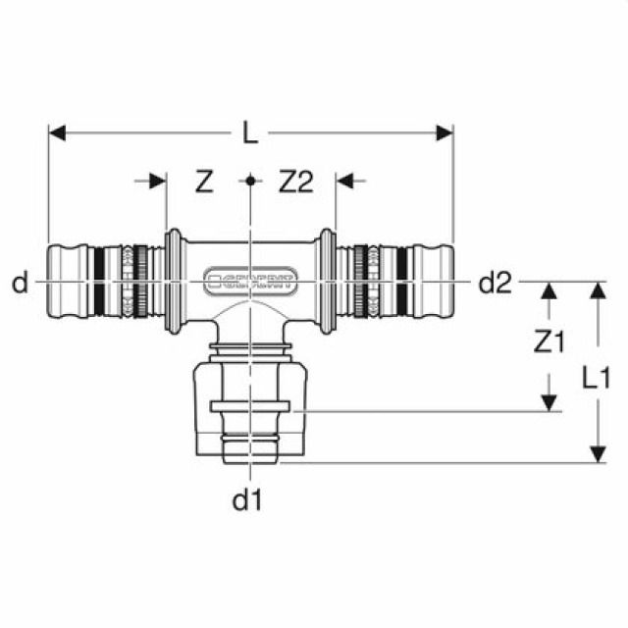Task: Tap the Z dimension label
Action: (204, 182)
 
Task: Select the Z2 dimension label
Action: (295, 182)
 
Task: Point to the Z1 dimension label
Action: (549, 341)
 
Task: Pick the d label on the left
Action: (21, 284)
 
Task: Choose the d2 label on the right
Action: (496, 284)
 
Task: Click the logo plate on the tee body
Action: (251, 283)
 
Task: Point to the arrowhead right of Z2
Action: (344, 181)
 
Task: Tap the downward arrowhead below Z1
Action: (549, 402)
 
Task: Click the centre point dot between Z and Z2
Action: (251, 181)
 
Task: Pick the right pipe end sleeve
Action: (435, 283)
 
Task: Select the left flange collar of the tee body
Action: (174, 283)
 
